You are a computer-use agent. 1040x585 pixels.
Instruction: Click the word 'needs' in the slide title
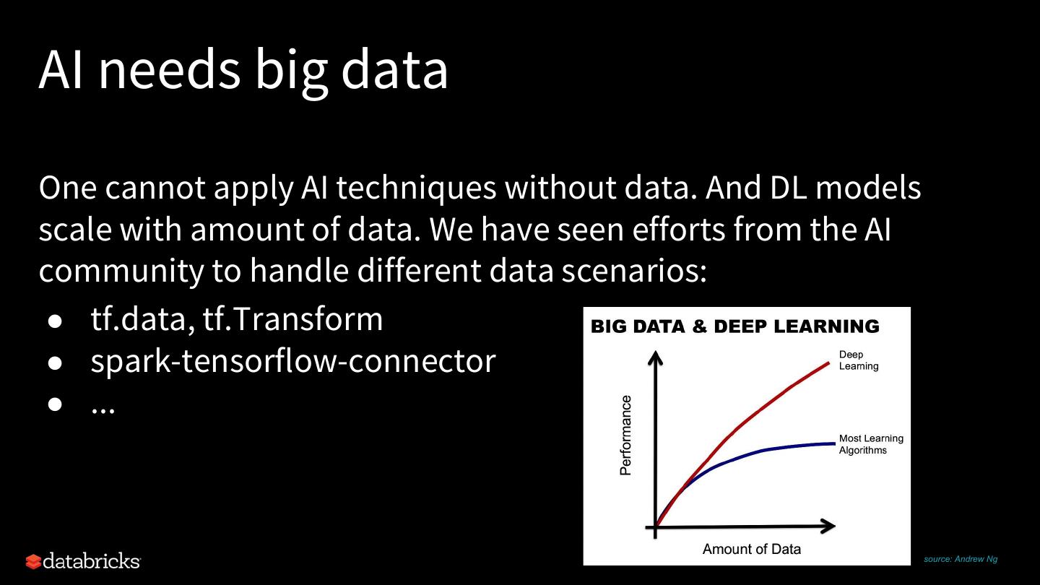click(170, 69)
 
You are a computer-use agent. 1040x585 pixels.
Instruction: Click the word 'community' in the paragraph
click(121, 272)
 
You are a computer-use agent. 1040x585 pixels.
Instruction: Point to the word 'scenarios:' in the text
click(634, 271)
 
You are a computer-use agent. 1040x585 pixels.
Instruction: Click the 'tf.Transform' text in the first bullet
click(292, 318)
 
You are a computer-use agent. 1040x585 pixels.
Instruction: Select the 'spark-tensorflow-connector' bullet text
click(293, 361)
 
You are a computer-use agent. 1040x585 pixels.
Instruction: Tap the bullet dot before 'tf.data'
click(55, 322)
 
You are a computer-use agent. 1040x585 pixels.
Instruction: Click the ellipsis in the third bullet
click(103, 410)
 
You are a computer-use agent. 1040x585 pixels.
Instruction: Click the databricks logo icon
click(33, 561)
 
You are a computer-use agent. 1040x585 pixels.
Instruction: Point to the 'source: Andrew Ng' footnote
click(960, 559)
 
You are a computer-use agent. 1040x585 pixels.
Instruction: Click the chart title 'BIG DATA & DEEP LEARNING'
click(735, 326)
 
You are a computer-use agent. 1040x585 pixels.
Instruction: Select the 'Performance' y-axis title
click(626, 435)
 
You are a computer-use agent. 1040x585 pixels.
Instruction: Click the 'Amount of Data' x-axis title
click(752, 549)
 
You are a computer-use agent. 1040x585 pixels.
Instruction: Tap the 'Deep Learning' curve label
click(859, 360)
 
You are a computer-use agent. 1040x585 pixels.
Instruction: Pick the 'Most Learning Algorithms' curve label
click(871, 444)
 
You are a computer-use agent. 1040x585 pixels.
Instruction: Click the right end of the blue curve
click(835, 444)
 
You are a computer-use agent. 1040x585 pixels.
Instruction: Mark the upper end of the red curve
click(829, 363)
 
